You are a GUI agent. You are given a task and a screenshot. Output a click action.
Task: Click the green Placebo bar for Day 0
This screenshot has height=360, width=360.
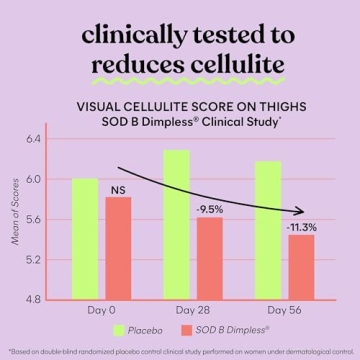click(x=85, y=239)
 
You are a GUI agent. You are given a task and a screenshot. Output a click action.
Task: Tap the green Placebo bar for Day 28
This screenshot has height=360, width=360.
click(x=176, y=224)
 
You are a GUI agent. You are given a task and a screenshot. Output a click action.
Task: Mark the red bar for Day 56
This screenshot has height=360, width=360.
click(x=300, y=267)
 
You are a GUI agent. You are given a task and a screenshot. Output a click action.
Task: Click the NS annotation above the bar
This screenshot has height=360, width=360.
click(x=118, y=186)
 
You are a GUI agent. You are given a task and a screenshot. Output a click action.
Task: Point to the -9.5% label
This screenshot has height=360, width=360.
click(x=209, y=208)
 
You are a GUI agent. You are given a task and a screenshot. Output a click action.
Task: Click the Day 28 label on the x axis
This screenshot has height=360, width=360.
click(x=192, y=310)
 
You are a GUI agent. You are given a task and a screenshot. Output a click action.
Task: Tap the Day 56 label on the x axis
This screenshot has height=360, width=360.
click(x=284, y=310)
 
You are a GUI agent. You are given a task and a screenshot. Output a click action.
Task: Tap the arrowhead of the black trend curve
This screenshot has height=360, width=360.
click(x=300, y=211)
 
